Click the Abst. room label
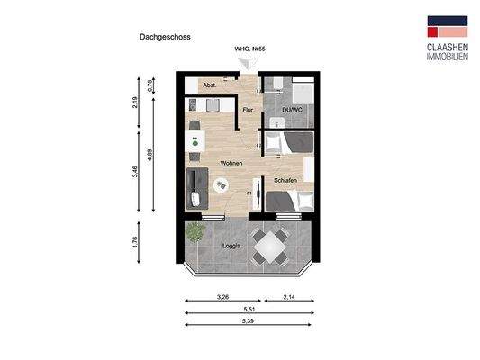(208, 85)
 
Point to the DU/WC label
(291, 111)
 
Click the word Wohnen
(231, 163)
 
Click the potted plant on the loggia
(194, 232)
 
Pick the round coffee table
(221, 184)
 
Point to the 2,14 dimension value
(290, 295)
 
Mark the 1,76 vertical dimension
(133, 243)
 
